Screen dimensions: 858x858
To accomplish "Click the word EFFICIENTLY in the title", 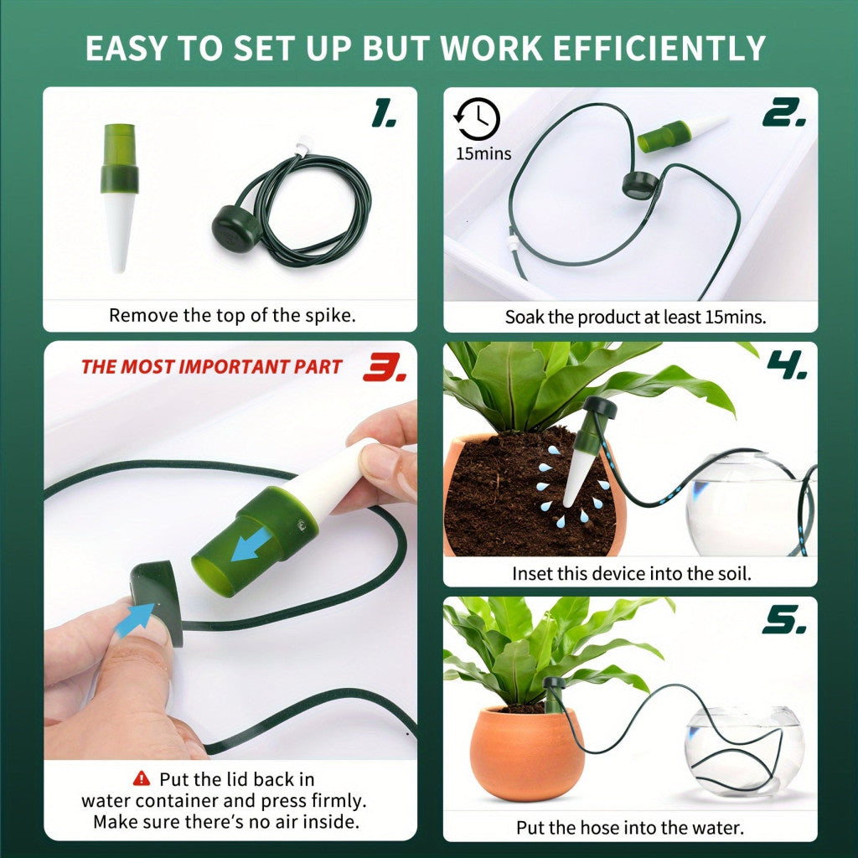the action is pos(659,48).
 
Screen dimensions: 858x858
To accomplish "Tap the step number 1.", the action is pos(383,114).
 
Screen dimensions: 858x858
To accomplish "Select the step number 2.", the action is pos(784,113).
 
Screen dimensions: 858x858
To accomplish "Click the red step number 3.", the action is pos(385,366).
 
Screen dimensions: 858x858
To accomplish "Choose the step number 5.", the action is pos(784,621).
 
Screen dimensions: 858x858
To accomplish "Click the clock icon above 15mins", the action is pos(477,119).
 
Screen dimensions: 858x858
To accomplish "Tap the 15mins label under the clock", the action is pos(483,154).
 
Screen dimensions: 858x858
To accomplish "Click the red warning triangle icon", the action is pos(141,778).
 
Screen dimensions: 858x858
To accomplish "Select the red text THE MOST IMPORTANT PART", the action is pos(212,367).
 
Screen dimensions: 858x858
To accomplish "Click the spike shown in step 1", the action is pos(119,198).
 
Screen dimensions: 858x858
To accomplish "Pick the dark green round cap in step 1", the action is pos(235,228).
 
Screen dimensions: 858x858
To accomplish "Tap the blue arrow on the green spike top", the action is pos(251,544).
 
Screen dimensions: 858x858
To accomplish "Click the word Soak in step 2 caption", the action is pos(525,317).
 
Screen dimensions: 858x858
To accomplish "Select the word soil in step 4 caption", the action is pos(733,573).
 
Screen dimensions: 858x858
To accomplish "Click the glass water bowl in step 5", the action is pos(744,748).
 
